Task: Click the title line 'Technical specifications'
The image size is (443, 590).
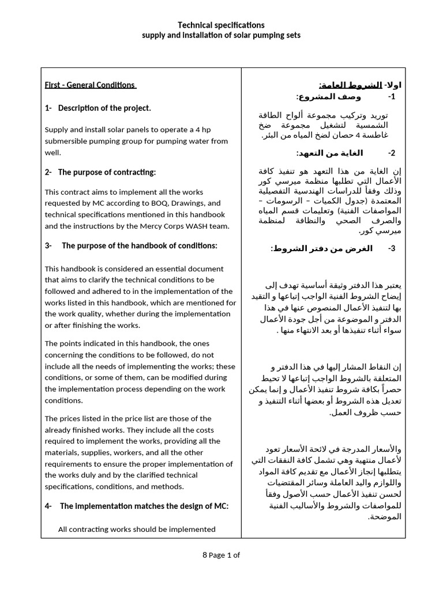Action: click(221, 25)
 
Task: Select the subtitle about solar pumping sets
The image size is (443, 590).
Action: click(221, 35)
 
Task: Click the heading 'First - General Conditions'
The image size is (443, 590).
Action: click(90, 85)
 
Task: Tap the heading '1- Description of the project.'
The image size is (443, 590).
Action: click(98, 108)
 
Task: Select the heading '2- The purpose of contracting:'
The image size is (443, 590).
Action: click(100, 172)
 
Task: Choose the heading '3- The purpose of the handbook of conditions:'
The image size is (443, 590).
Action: click(131, 245)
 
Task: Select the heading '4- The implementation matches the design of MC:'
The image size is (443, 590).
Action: click(137, 506)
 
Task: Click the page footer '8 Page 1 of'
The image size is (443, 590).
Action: click(221, 555)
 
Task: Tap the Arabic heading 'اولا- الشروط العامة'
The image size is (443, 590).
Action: click(360, 85)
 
